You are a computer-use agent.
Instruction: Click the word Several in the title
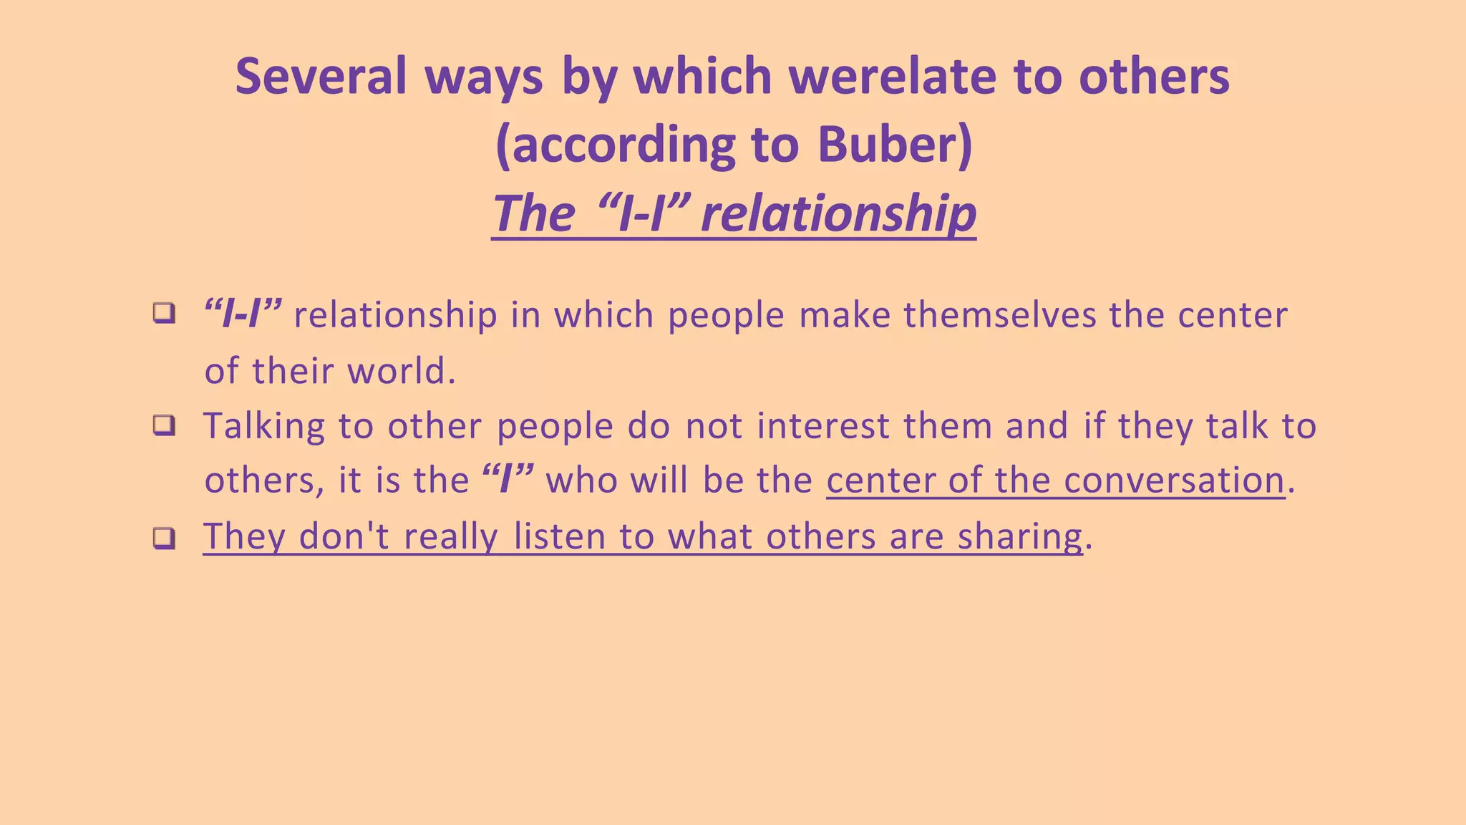321,76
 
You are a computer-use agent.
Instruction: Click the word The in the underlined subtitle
533,213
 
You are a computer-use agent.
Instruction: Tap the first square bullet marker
164,314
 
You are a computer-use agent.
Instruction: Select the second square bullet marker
164,426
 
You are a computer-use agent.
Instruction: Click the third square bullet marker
164,538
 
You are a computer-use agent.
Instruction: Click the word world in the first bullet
401,371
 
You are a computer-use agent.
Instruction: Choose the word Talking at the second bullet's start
264,426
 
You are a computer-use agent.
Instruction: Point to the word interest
822,426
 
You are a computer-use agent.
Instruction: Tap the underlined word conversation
1174,481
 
